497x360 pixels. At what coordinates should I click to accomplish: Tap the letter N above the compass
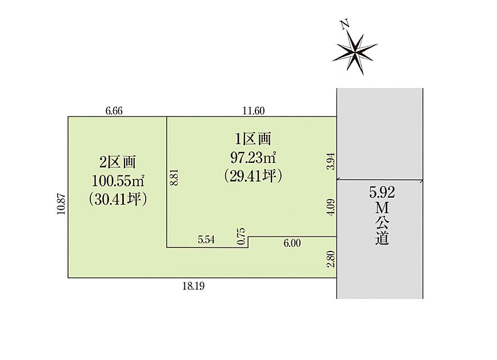pos(345,25)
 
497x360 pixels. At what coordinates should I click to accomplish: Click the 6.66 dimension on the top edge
pos(114,111)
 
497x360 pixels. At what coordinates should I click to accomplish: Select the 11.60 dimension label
pos(254,111)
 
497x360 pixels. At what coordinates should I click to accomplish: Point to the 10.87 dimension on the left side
pos(61,204)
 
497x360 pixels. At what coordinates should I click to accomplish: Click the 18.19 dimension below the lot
pos(193,286)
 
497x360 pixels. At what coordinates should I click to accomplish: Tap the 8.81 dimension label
pos(175,177)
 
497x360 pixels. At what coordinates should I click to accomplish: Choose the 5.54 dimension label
pos(206,240)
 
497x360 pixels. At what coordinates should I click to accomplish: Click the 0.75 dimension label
pos(241,237)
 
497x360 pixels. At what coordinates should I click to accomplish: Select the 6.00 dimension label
pos(292,243)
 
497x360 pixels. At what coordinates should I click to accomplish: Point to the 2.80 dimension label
pos(331,259)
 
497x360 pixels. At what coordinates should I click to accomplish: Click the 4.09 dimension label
pos(331,207)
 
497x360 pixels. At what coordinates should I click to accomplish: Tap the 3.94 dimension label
pos(331,162)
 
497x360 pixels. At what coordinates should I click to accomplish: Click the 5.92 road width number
pos(382,193)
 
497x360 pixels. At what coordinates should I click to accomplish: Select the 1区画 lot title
pos(252,139)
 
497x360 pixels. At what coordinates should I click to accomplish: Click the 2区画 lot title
pos(118,162)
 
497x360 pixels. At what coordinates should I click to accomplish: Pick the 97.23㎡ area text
pos(253,158)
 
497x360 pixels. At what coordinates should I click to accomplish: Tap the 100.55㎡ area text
pos(118,181)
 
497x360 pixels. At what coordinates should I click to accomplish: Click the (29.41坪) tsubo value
pos(253,177)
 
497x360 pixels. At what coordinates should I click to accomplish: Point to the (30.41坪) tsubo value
pos(118,199)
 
